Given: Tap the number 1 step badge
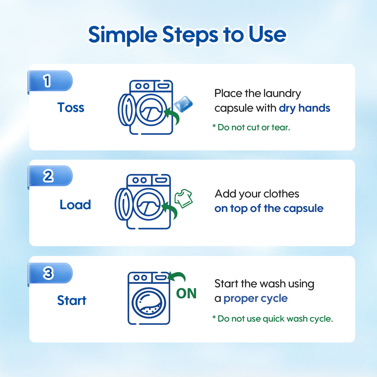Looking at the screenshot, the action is click(x=50, y=81).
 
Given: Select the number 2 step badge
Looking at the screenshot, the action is click(x=50, y=176).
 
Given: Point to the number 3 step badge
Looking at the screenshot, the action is click(x=50, y=273).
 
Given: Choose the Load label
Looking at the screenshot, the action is click(x=75, y=205).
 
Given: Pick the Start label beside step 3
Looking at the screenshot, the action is click(x=72, y=300).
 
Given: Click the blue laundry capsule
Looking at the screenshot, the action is click(x=183, y=104).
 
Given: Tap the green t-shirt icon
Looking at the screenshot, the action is click(x=183, y=198).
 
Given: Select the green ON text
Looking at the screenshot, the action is click(x=186, y=293).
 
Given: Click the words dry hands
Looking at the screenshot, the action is click(x=304, y=108).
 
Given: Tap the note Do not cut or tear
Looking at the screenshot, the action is click(x=251, y=127).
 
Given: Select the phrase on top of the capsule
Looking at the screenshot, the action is click(x=269, y=209).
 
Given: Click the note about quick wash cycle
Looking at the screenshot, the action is click(x=272, y=319).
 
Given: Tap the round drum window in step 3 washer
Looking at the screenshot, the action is click(x=149, y=303).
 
